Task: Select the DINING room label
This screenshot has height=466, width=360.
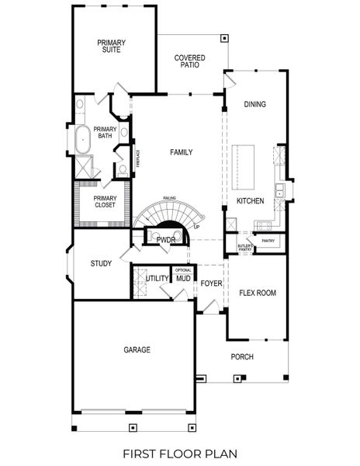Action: pyautogui.click(x=254, y=104)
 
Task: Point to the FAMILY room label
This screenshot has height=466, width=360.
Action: pyautogui.click(x=182, y=152)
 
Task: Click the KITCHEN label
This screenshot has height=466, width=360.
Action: pyautogui.click(x=251, y=201)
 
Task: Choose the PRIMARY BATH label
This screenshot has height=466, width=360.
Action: pyautogui.click(x=104, y=133)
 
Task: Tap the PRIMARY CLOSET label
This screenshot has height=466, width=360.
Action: pyautogui.click(x=104, y=201)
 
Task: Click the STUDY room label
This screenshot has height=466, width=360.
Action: pyautogui.click(x=101, y=263)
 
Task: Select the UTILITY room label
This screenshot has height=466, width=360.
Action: pyautogui.click(x=157, y=277)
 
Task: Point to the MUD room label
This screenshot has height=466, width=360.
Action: pyautogui.click(x=183, y=278)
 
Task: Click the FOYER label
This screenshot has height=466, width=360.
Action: pyautogui.click(x=211, y=283)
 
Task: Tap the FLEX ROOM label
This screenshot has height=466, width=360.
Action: pyautogui.click(x=258, y=293)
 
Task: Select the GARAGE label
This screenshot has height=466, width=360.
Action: pyautogui.click(x=137, y=349)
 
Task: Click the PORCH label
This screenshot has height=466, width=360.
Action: pyautogui.click(x=242, y=356)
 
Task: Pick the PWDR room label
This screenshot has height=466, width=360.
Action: pyautogui.click(x=166, y=240)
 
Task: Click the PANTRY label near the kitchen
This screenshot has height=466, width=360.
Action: pyautogui.click(x=268, y=241)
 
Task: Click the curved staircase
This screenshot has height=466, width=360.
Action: pyautogui.click(x=164, y=213)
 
